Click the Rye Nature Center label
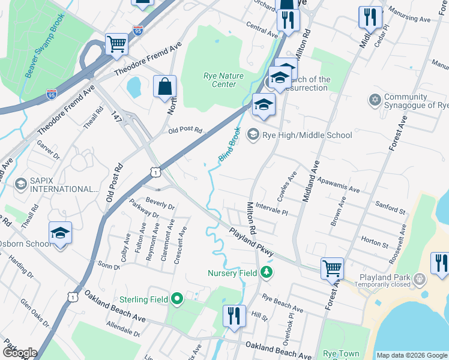[x=220, y=80]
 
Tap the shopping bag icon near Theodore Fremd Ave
[x=164, y=87]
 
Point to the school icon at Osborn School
[x=60, y=233]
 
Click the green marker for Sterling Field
[x=176, y=298]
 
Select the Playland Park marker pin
[x=420, y=278]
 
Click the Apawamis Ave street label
[x=338, y=184]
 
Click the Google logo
[x=20, y=353]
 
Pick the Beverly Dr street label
[x=160, y=203]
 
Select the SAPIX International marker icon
[x=21, y=183]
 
